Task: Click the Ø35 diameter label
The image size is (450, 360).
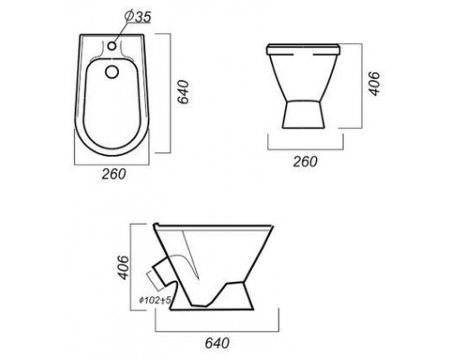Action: (137, 16)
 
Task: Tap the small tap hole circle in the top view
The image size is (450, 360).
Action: (112, 46)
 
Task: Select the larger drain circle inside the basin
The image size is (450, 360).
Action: (112, 71)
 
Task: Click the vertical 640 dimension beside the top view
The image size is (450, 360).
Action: (183, 92)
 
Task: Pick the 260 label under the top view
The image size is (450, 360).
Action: (114, 174)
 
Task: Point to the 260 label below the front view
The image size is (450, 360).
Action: (305, 162)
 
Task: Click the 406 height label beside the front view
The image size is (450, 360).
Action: (373, 84)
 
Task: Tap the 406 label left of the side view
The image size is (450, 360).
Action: (123, 267)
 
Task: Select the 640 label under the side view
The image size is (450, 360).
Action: (217, 343)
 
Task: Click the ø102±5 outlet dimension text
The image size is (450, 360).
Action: (155, 300)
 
